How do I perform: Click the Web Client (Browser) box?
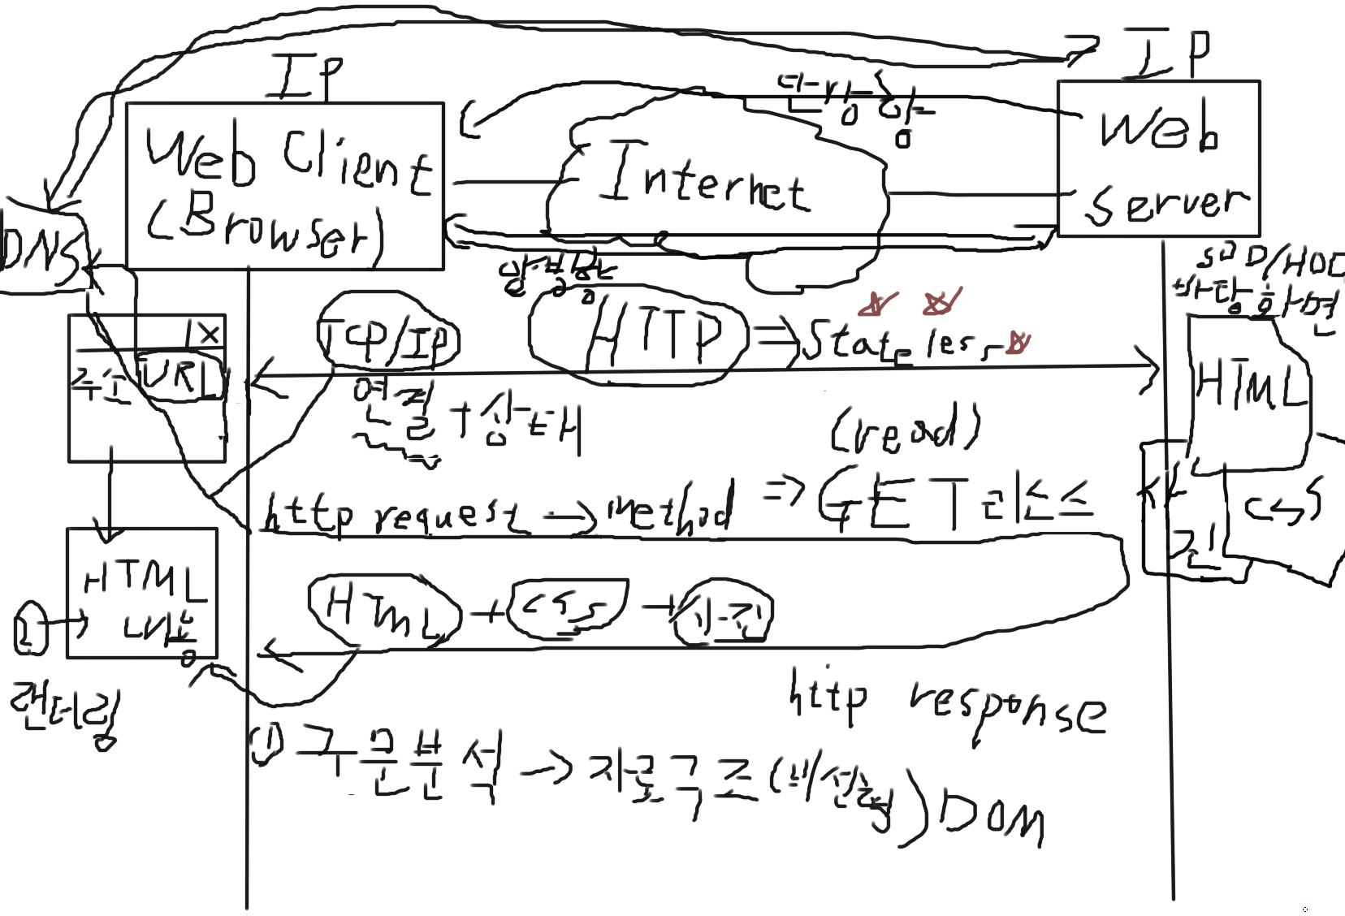pos(285,186)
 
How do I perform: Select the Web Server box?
pos(1159,158)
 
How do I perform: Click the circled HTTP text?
pos(654,335)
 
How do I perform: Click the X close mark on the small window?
pos(209,334)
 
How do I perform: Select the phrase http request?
pos(394,513)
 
